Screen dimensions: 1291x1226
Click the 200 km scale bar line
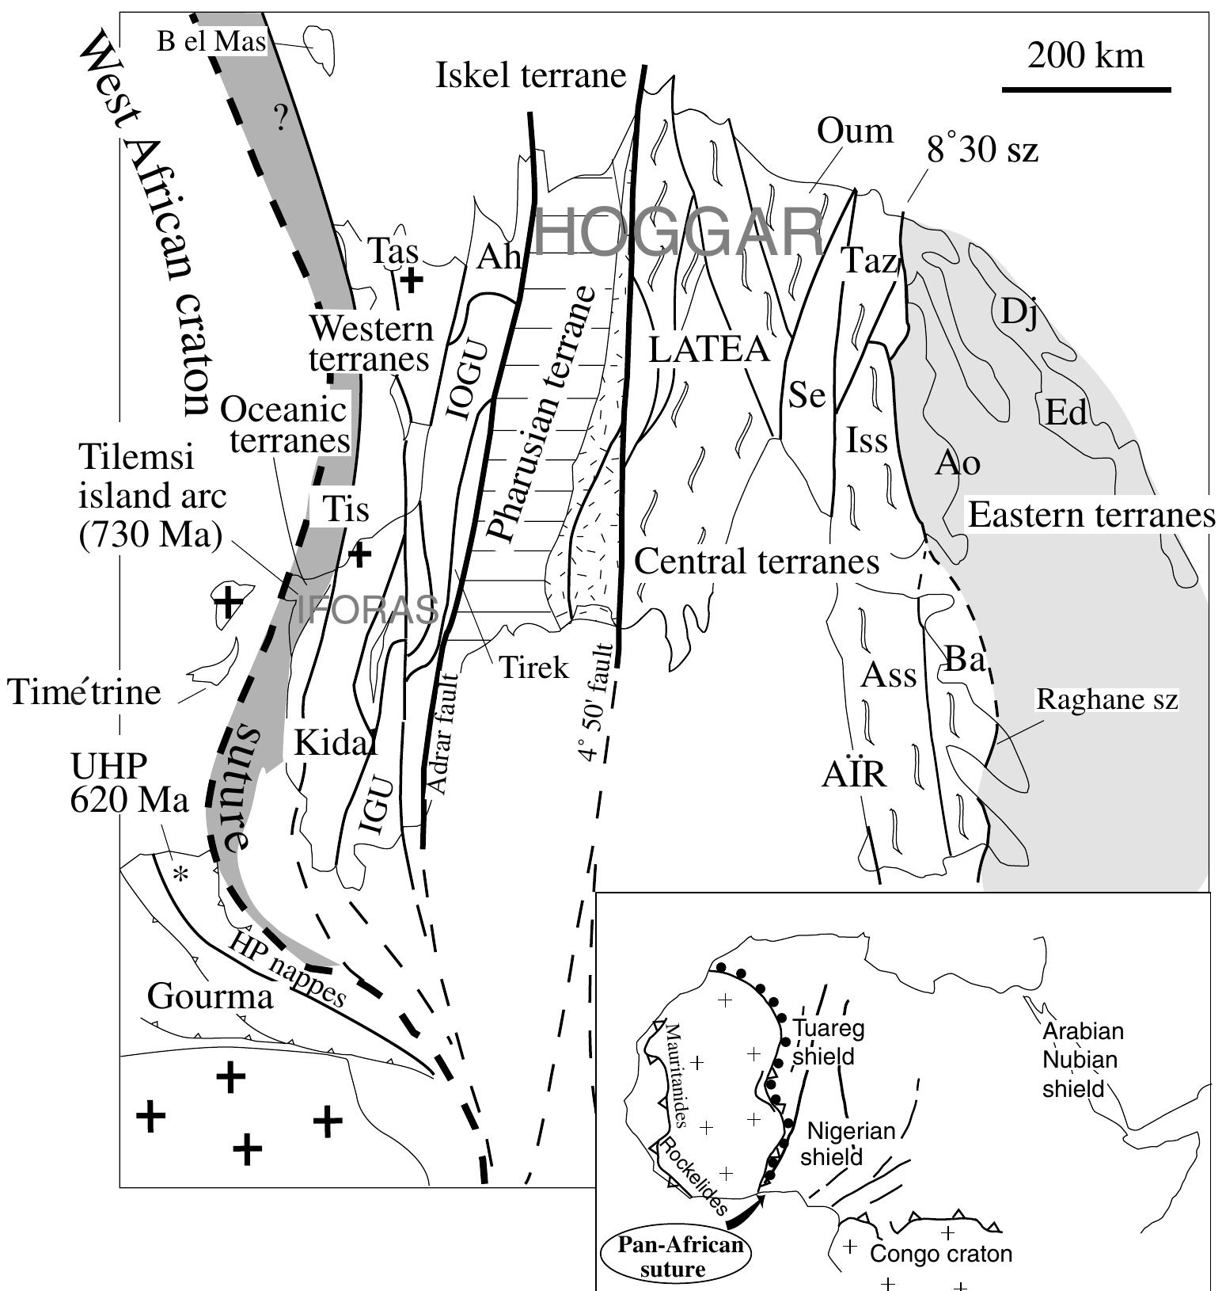[x=1086, y=89]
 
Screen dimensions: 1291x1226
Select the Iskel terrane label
[x=531, y=76]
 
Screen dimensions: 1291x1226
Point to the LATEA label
[x=708, y=349]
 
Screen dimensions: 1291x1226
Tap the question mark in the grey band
[x=280, y=119]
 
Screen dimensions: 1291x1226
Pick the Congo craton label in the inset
[x=940, y=1254]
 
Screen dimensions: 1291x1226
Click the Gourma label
[x=210, y=996]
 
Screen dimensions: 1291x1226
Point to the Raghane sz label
[x=1106, y=700]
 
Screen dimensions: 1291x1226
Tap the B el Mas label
[x=211, y=41]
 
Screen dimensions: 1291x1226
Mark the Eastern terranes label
[x=1091, y=516]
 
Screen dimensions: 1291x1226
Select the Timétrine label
[x=85, y=692]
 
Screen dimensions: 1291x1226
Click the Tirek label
[x=533, y=668]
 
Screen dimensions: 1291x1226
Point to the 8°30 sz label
[x=982, y=149]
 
